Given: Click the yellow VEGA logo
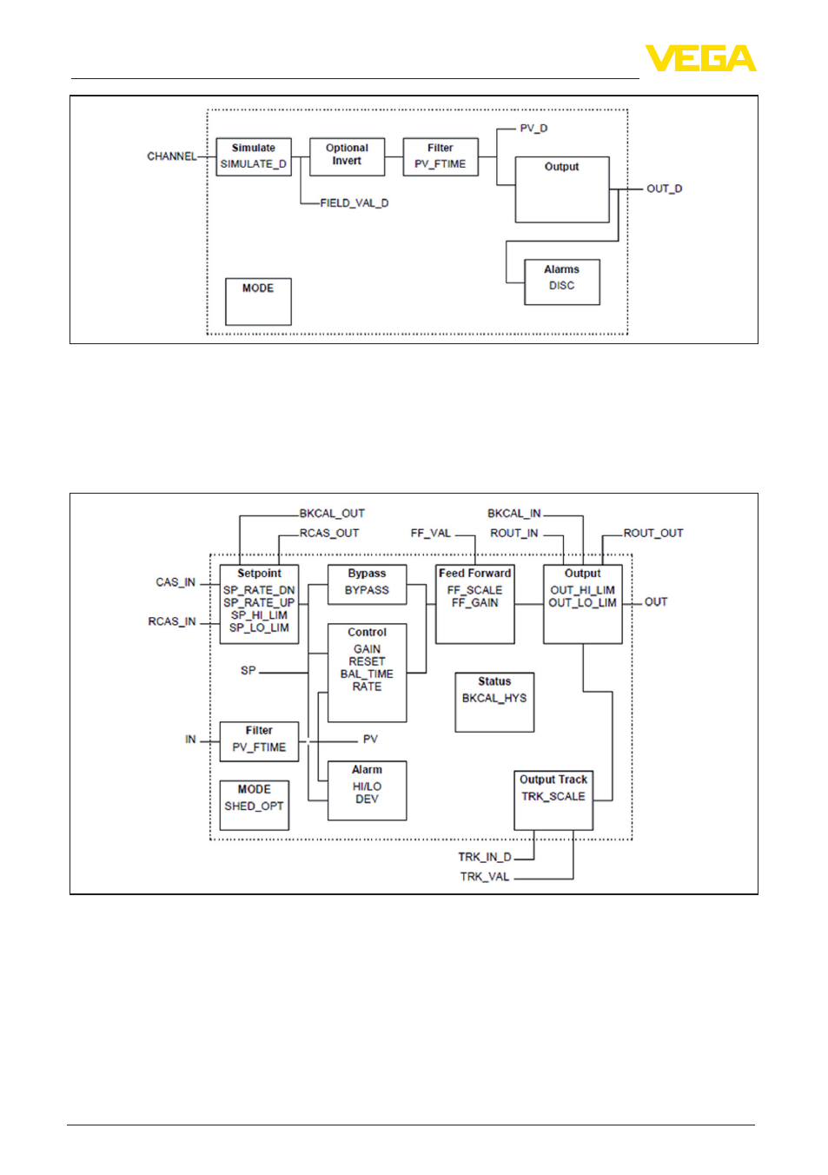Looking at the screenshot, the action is (x=700, y=57).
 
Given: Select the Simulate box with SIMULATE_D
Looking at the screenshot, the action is (x=254, y=156).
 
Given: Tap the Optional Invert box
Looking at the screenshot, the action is (x=347, y=156).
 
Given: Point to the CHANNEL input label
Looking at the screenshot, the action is (x=171, y=156).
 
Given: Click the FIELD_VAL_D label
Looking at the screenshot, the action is (x=354, y=203).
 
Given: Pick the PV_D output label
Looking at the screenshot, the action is (x=533, y=129).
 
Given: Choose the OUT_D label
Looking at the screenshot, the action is (x=664, y=189).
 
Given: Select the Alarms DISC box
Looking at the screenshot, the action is (x=561, y=282).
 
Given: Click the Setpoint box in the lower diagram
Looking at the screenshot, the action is (x=259, y=604).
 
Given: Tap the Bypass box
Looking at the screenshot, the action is (x=367, y=584).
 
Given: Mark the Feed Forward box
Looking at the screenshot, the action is (x=474, y=604).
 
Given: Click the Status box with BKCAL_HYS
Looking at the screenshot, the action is (x=494, y=702).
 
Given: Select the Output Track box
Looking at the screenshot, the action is (x=553, y=800).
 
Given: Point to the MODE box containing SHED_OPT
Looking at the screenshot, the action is (x=254, y=805).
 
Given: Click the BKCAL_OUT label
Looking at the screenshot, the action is (x=331, y=514).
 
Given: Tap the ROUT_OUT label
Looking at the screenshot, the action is (x=652, y=533).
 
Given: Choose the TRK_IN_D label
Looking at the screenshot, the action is (x=485, y=857).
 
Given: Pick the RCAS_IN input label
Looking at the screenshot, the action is (x=171, y=621).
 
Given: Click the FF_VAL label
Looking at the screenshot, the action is (x=431, y=533).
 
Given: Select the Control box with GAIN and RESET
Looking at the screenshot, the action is (x=367, y=673).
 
